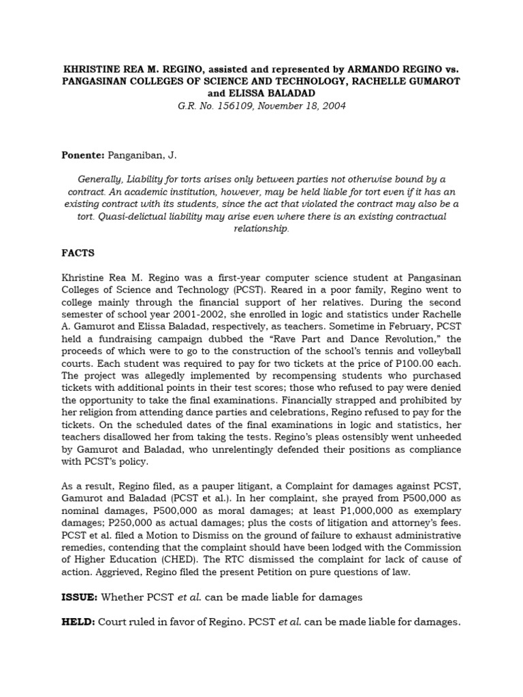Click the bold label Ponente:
point(84,156)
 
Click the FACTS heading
point(79,253)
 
